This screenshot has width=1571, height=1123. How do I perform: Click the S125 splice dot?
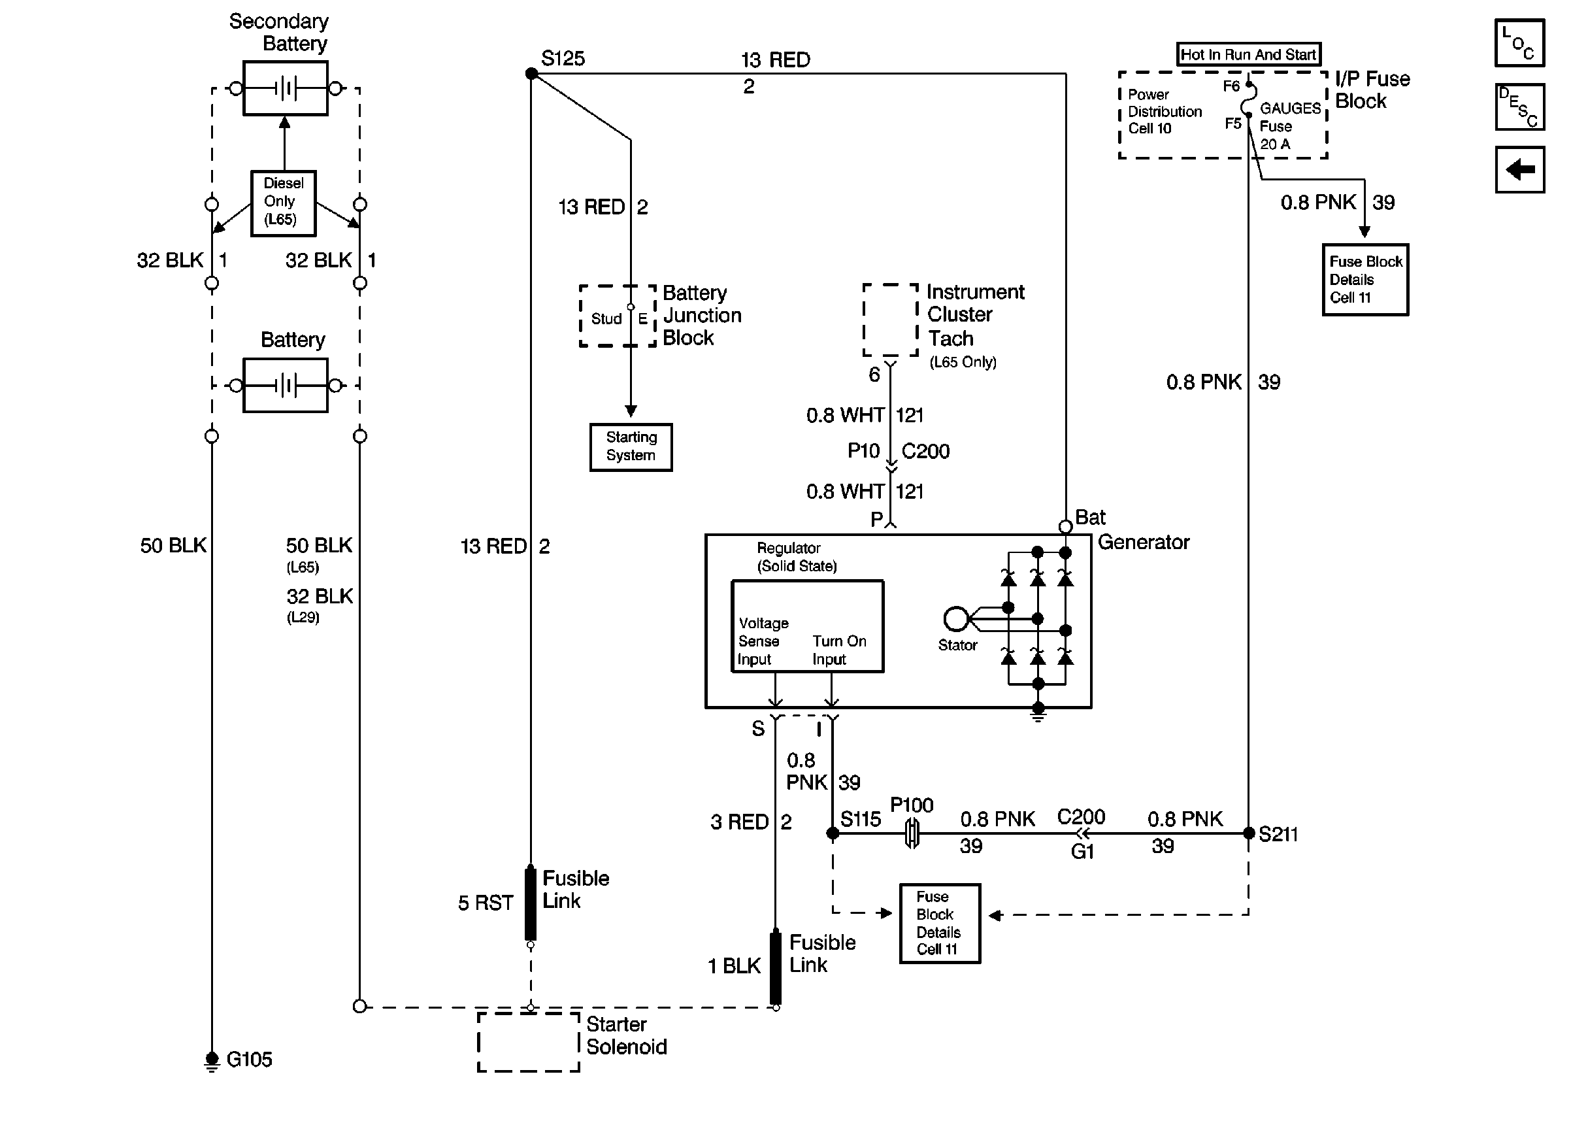pyautogui.click(x=531, y=73)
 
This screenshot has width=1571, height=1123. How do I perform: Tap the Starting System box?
pyautogui.click(x=631, y=446)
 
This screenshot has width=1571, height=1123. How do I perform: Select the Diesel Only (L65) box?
pyautogui.click(x=283, y=203)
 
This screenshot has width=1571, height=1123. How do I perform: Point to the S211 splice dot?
pyautogui.click(x=1248, y=833)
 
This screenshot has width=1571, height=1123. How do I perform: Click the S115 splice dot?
pyautogui.click(x=833, y=833)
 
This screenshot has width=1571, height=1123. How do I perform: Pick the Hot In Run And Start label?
pyautogui.click(x=1248, y=54)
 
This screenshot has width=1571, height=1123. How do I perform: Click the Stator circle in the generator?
pyautogui.click(x=956, y=618)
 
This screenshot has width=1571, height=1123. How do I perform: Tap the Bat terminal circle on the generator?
pyautogui.click(x=1065, y=527)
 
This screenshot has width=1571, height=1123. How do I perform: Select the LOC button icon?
pyautogui.click(x=1519, y=43)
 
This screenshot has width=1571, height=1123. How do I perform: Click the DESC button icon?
pyautogui.click(x=1519, y=107)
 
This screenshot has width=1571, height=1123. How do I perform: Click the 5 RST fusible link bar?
pyautogui.click(x=530, y=903)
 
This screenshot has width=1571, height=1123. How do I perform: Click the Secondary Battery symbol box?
pyautogui.click(x=286, y=88)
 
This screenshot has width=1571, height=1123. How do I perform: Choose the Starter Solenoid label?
pyautogui.click(x=626, y=1035)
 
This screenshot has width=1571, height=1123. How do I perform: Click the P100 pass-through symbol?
pyautogui.click(x=912, y=833)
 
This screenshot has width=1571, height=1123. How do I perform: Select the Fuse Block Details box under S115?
pyautogui.click(x=939, y=923)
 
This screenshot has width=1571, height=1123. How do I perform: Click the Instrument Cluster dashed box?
pyautogui.click(x=890, y=320)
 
